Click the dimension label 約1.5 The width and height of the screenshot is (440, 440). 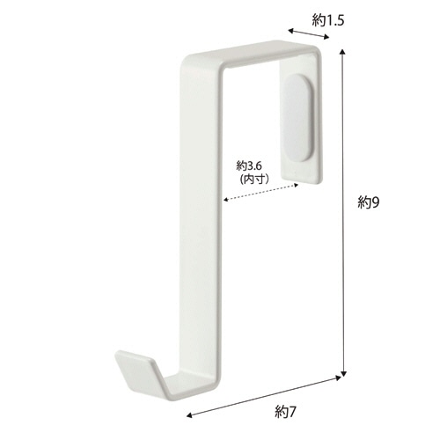click(327, 20)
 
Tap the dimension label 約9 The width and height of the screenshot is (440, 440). click(369, 202)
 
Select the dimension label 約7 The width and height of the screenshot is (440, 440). click(286, 412)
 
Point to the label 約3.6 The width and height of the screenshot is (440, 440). click(249, 166)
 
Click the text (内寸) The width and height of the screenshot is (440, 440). click(254, 180)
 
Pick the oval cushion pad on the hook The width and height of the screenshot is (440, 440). click(298, 118)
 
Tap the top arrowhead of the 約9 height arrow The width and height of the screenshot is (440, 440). click(342, 52)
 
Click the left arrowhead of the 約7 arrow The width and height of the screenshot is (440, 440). click(189, 415)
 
